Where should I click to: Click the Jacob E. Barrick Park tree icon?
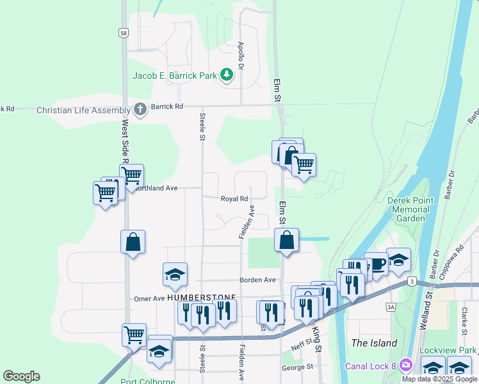click(x=226, y=76)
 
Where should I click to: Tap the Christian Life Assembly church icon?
click(x=140, y=110)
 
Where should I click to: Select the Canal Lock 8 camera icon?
click(x=405, y=366)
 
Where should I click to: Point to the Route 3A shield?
click(x=391, y=308)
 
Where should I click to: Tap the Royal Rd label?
click(x=234, y=199)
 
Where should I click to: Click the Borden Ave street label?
click(x=257, y=280)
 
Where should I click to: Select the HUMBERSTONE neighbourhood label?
click(x=202, y=298)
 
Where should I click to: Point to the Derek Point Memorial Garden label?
click(x=410, y=209)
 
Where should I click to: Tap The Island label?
click(x=375, y=343)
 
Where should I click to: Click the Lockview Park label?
click(x=448, y=351)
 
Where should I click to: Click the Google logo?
click(x=21, y=376)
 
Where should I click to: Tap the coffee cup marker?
click(x=377, y=263)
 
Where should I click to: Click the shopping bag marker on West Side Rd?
click(x=133, y=243)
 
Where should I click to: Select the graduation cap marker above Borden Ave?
click(x=175, y=275)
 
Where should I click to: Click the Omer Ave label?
click(x=149, y=299)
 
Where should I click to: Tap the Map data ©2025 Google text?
click(x=439, y=379)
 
